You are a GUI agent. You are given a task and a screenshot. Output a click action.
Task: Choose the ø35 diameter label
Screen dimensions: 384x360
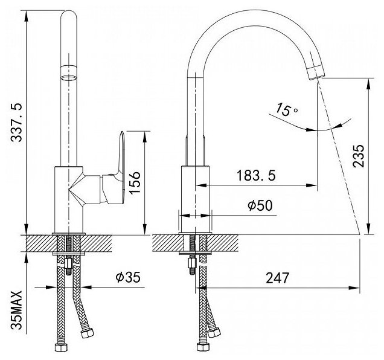point(128,278)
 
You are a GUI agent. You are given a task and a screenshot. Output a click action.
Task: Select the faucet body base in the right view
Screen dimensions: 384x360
point(196,199)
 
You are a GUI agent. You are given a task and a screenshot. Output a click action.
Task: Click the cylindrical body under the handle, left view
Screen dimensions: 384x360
point(68,199)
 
